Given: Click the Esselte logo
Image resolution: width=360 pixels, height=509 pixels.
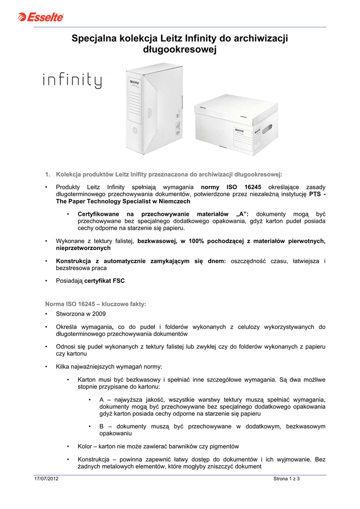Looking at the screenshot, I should (x=41, y=17).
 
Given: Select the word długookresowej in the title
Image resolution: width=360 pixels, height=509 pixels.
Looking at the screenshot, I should (x=180, y=50).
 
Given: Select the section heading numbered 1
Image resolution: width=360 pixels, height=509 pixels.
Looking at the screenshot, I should (x=164, y=174).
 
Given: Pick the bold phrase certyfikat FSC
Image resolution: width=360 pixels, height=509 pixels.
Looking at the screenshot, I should (x=104, y=281).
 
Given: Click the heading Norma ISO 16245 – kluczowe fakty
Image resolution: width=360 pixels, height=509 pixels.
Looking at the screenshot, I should (x=95, y=304).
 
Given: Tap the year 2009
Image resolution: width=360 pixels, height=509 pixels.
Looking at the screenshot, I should (x=97, y=314).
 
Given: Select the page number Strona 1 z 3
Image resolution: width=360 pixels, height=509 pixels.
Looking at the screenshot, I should (x=289, y=478).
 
